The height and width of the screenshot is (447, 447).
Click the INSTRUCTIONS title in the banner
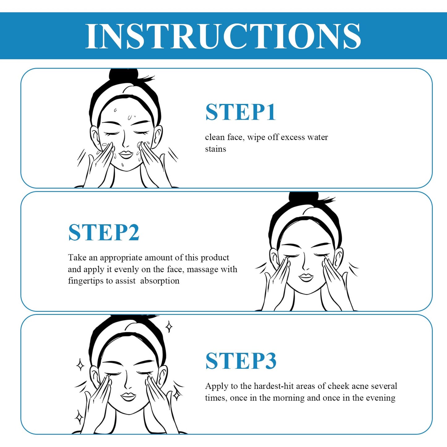[223, 36]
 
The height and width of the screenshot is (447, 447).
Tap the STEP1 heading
[240, 112]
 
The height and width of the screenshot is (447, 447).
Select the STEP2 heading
[104, 233]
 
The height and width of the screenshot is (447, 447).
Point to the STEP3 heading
[241, 361]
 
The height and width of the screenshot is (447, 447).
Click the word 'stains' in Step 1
[215, 149]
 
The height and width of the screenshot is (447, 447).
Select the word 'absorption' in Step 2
[160, 281]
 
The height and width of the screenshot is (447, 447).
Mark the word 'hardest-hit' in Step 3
[273, 386]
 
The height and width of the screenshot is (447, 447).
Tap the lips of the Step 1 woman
[126, 154]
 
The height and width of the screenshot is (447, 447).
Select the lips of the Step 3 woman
[128, 396]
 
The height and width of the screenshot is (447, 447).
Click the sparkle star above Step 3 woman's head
[169, 327]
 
